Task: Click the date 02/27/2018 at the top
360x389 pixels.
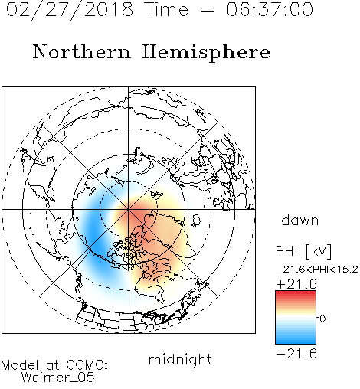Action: coord(70,9)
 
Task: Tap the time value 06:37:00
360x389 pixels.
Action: coord(270,9)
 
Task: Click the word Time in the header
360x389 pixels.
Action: coord(166,9)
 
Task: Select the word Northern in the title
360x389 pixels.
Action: coord(82,51)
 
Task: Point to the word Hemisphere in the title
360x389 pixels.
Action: coord(206,52)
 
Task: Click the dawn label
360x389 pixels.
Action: coord(300,220)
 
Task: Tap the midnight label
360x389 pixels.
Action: coord(180,360)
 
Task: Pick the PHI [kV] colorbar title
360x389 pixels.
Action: coord(303,251)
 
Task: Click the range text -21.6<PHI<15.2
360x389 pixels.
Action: coord(317,269)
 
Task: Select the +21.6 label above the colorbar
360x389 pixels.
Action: coord(296,284)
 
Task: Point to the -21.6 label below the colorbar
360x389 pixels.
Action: coord(296,354)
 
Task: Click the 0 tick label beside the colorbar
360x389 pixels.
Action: coord(322,319)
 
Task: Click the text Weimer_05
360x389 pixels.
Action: coord(58,378)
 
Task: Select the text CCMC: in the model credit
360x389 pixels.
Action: coord(87,365)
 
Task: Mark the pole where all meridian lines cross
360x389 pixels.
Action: coord(129,210)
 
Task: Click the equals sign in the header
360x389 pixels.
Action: coord(208,10)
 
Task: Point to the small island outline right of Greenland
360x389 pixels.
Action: coord(196,221)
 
